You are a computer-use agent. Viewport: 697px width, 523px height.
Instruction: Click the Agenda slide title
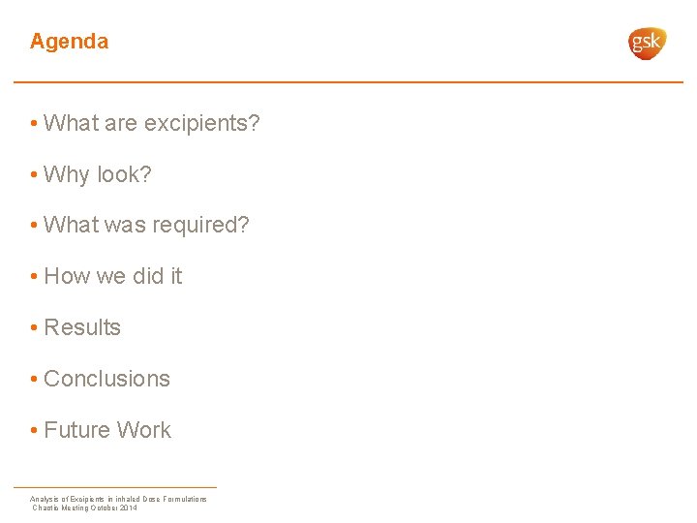(x=69, y=42)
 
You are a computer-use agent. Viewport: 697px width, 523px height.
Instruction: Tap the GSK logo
(x=647, y=43)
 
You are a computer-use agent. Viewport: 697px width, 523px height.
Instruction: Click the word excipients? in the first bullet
(x=201, y=124)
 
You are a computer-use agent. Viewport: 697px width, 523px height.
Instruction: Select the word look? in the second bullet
(x=124, y=175)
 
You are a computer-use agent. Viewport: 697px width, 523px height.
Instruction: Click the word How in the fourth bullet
(x=67, y=277)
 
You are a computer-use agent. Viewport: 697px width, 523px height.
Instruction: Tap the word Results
(x=82, y=328)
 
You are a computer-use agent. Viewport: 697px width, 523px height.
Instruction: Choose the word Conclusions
(x=106, y=380)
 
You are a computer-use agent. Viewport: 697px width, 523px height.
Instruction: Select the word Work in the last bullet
(x=145, y=431)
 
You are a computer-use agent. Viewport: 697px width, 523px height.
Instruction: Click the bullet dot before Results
(x=34, y=328)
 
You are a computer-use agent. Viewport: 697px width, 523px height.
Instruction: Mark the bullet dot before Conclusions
(x=34, y=380)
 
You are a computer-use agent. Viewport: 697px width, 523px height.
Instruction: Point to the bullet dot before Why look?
(x=34, y=175)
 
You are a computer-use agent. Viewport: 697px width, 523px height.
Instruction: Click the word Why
(x=67, y=175)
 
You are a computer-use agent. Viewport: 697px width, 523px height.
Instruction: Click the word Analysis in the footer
(x=45, y=499)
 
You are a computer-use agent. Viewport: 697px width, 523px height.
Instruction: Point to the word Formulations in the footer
(x=185, y=499)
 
